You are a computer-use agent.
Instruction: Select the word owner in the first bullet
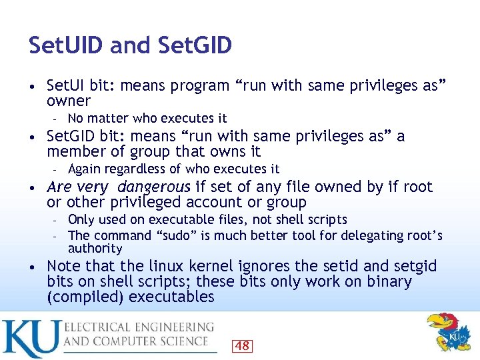(68, 101)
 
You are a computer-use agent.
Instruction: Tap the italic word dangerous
(154, 187)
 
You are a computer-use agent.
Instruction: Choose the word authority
(95, 249)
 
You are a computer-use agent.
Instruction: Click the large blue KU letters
(30, 338)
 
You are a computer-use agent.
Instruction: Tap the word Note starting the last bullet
(64, 267)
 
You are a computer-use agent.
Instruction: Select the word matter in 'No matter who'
(107, 118)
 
